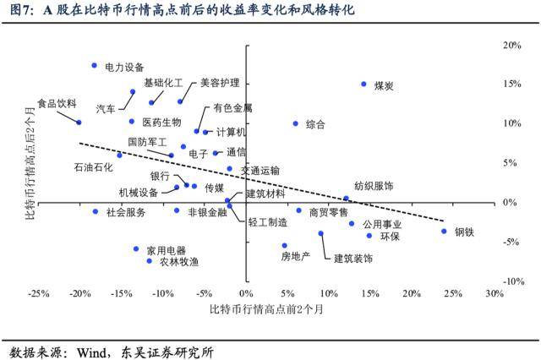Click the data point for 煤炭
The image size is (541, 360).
pyautogui.click(x=363, y=85)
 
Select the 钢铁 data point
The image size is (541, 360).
pyautogui.click(x=444, y=231)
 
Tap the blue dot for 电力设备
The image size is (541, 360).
pyautogui.click(x=95, y=65)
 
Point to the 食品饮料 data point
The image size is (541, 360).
pyautogui.click(x=79, y=123)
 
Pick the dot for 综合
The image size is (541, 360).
pyautogui.click(x=296, y=123)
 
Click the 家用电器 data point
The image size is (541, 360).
pyautogui.click(x=136, y=248)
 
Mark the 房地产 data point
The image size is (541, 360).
pyautogui.click(x=285, y=245)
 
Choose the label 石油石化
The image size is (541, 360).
pyautogui.click(x=93, y=167)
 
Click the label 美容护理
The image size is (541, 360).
pyautogui.click(x=220, y=84)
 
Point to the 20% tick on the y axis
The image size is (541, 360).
pyautogui.click(x=511, y=45)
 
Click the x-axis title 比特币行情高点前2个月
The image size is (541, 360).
pyautogui.click(x=266, y=310)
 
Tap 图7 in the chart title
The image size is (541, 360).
pyautogui.click(x=19, y=11)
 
